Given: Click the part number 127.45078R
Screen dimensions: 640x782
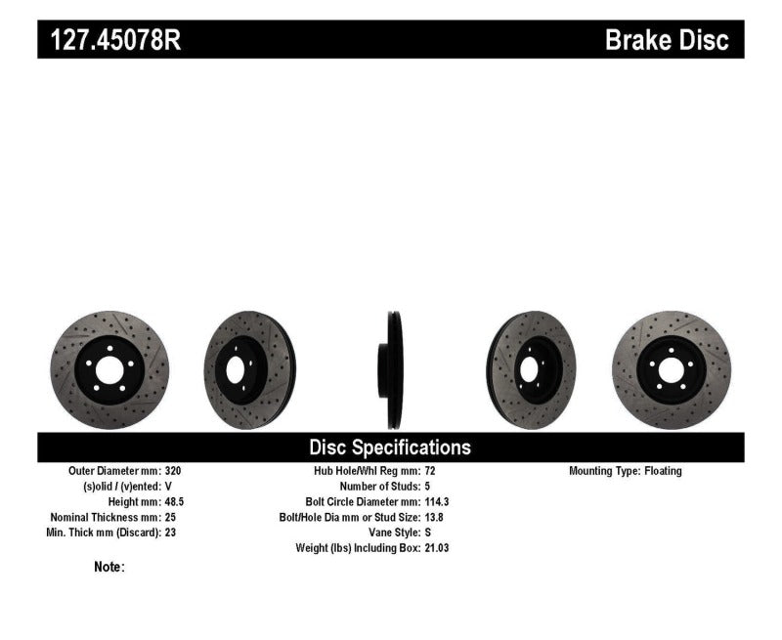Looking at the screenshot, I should [109, 40].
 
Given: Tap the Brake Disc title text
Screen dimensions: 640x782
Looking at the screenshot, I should [667, 40].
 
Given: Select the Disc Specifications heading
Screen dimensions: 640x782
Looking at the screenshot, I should [390, 448].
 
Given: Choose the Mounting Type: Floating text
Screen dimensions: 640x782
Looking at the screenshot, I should [626, 471].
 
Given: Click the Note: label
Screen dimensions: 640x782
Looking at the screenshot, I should [109, 567].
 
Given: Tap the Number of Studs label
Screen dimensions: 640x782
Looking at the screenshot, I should [379, 486].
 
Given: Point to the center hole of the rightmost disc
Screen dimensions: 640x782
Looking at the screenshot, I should [670, 369].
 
